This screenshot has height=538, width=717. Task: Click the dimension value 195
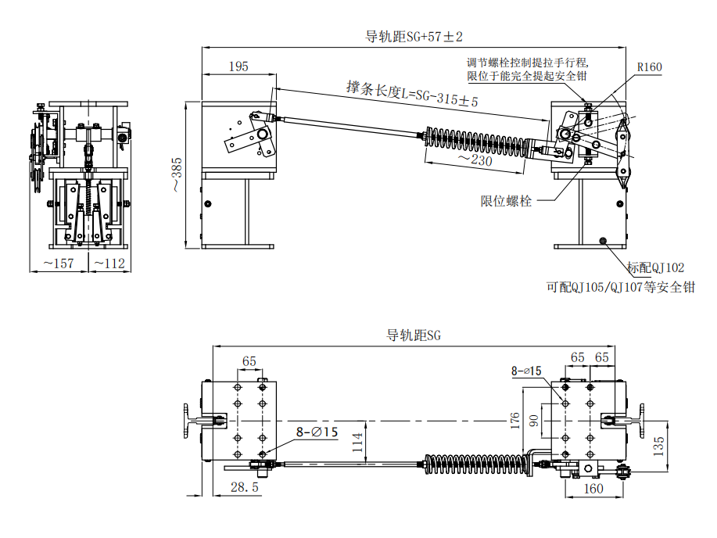point(238,67)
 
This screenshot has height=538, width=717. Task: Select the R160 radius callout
point(649,67)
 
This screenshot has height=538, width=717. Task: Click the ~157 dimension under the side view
point(59,264)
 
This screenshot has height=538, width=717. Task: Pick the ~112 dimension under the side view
point(109,264)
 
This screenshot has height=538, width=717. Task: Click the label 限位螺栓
point(506,201)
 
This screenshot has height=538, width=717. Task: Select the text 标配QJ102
point(655,267)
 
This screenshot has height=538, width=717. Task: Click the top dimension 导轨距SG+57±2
point(414,37)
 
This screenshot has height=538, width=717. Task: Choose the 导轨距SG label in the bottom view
point(414,335)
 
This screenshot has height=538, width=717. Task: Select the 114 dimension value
point(357,446)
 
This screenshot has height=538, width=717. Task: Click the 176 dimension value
point(515,421)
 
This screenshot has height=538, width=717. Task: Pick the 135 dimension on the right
point(659,446)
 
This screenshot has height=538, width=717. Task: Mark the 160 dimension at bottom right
point(594,489)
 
